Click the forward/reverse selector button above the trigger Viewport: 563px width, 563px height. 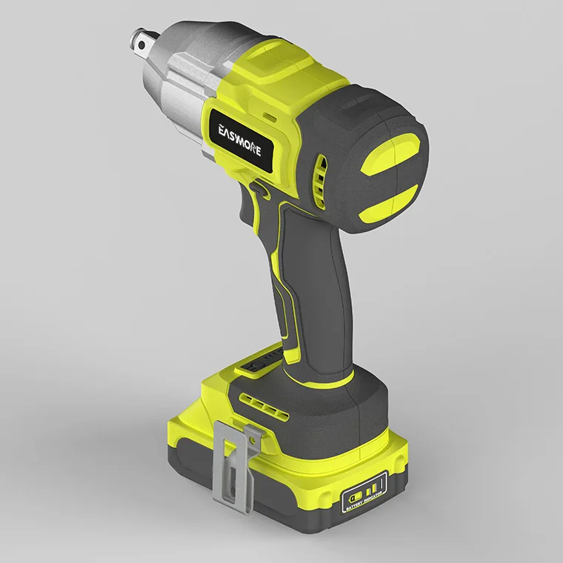[x=259, y=191]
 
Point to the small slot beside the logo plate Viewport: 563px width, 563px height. [x=268, y=116]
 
